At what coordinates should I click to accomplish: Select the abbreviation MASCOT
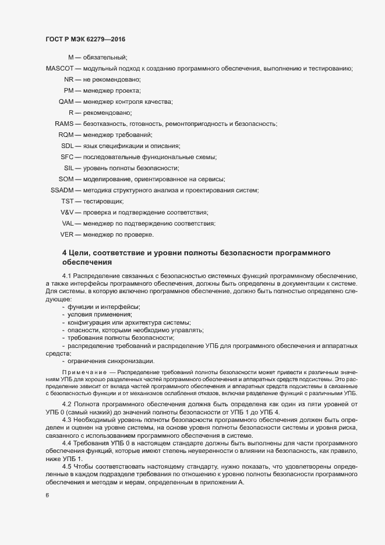pyautogui.click(x=59, y=69)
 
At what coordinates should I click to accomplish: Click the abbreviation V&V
pyautogui.click(x=67, y=213)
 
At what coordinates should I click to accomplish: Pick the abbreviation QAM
pyautogui.click(x=66, y=102)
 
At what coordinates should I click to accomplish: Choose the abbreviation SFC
pyautogui.click(x=67, y=157)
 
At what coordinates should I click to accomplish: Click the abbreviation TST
pyautogui.click(x=67, y=202)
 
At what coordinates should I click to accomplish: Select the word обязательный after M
pyautogui.click(x=105, y=58)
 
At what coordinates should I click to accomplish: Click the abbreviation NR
pyautogui.click(x=69, y=80)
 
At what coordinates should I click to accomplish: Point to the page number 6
pyautogui.click(x=47, y=496)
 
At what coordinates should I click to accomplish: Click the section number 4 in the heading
pyautogui.click(x=64, y=252)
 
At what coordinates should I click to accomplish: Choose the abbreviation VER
pyautogui.click(x=67, y=235)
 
